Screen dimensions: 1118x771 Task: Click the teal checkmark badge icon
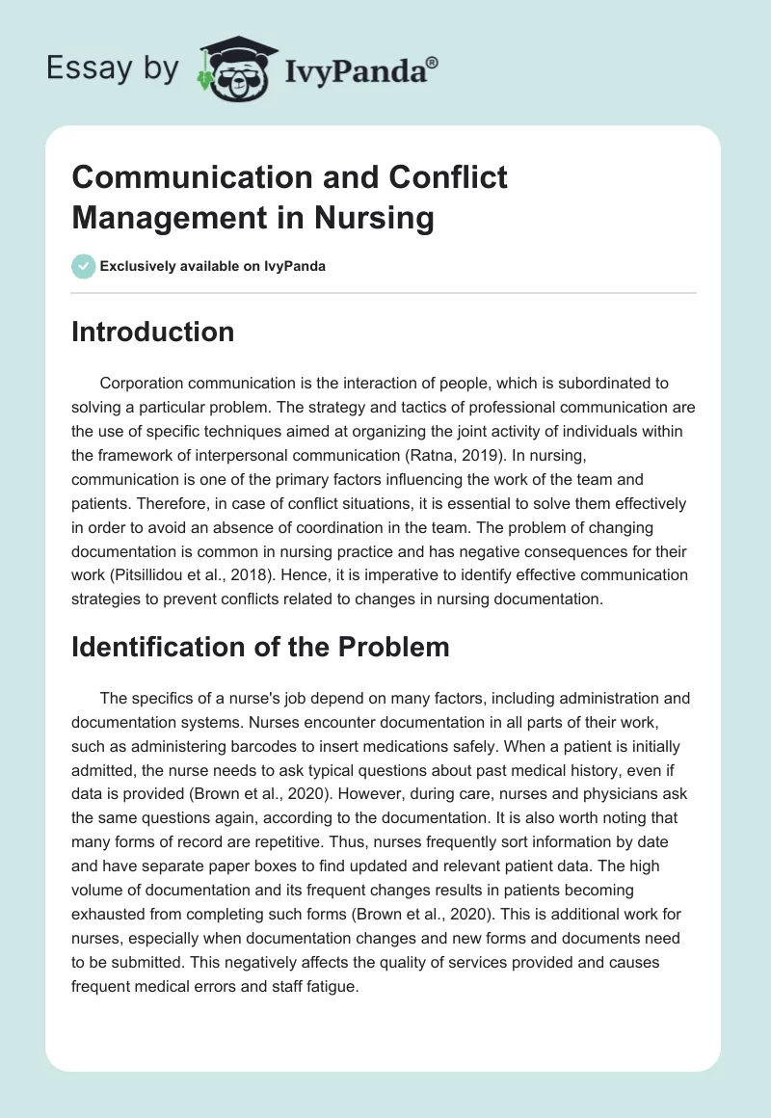pos(83,266)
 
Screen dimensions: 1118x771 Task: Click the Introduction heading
pos(152,332)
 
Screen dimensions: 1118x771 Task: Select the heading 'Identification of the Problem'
pos(260,647)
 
